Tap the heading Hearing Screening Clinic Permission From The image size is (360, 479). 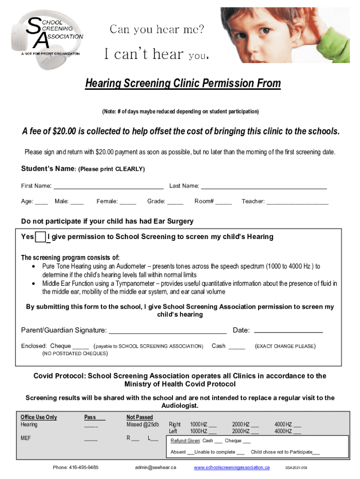point(183,84)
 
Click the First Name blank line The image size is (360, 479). point(108,186)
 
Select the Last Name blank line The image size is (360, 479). point(264,186)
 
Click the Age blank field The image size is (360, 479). point(42,202)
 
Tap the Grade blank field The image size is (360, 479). point(175,202)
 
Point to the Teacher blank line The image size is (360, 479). point(297,202)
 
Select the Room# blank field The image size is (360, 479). point(224,202)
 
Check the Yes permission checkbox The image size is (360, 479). point(41,237)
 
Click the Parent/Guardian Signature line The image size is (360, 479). point(168,331)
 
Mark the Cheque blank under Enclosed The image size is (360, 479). point(81,347)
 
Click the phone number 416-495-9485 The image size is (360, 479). point(76,467)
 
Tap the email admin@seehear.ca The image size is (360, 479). point(156,467)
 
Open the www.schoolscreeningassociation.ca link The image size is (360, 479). point(231,467)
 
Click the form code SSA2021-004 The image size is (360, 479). point(296,468)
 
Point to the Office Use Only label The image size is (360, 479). point(39,417)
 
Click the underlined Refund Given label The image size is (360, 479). point(186,441)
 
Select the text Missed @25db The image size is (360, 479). point(143,425)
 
